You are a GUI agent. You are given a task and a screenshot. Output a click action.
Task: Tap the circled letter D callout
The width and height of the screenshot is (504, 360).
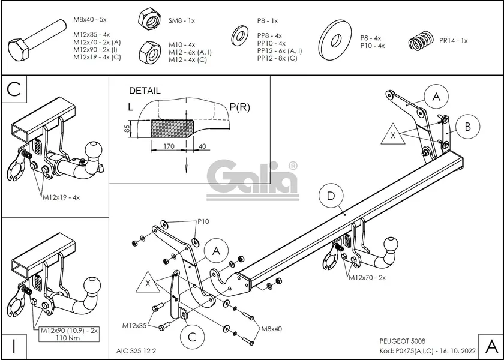332,196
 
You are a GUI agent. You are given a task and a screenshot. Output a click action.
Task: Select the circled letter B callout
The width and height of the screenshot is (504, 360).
467,126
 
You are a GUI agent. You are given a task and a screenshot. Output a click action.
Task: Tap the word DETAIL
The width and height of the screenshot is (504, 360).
145,91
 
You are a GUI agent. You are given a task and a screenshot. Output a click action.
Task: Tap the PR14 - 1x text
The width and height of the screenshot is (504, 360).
454,41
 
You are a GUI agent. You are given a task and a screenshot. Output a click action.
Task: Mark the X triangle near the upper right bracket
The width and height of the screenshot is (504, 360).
392,136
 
